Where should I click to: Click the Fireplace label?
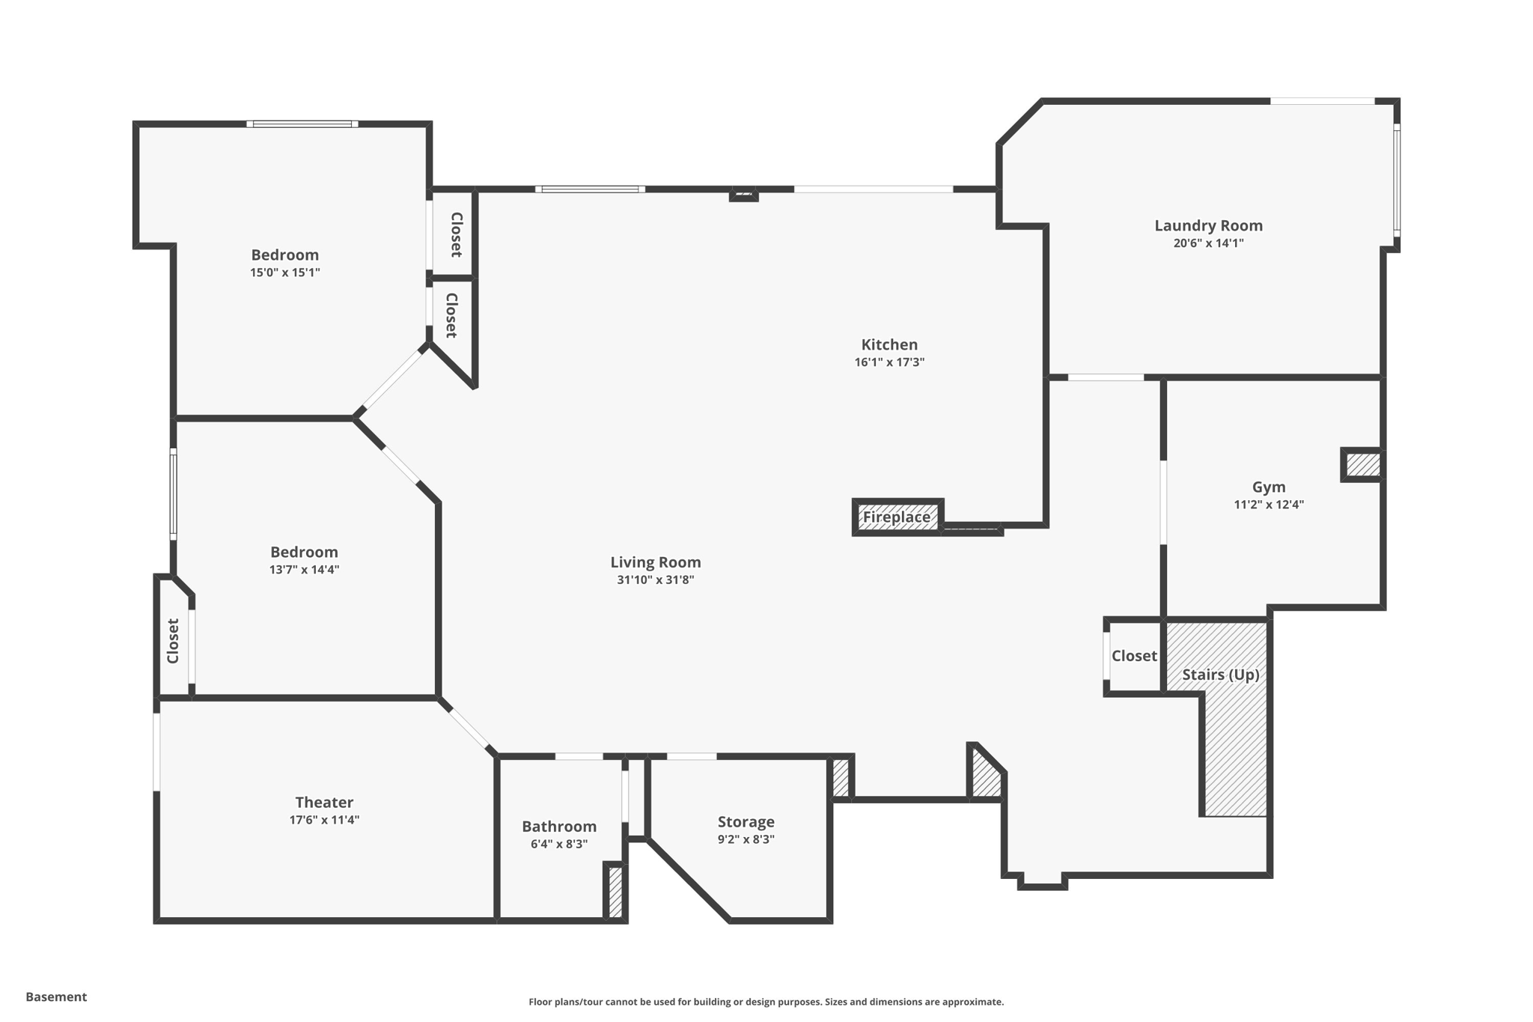point(896,517)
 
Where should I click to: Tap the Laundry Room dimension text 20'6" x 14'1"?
point(1208,243)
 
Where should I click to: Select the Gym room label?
point(1269,487)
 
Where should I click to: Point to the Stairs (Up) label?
point(1220,675)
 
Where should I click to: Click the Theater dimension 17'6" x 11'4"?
point(324,820)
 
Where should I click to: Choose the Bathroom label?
point(559,827)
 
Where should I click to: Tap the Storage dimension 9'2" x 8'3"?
point(746,839)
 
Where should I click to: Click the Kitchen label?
point(889,344)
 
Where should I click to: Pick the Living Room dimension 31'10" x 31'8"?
point(656,580)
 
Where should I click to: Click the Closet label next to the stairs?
point(1134,656)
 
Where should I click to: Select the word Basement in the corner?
point(56,997)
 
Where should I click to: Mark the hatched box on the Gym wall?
point(1362,465)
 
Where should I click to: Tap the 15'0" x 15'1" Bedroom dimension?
point(285,273)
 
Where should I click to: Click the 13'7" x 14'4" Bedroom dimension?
point(304,570)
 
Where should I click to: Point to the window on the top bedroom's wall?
point(302,124)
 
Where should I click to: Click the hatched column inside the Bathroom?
point(615,891)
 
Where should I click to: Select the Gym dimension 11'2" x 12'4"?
point(1269,505)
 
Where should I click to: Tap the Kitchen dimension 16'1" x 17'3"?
point(889,362)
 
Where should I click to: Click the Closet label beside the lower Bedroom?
point(173,641)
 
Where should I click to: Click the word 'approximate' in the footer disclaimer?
point(972,1002)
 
